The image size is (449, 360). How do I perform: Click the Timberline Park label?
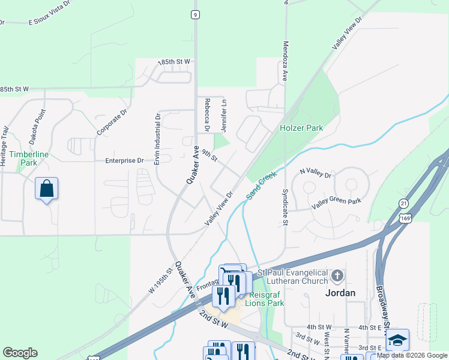point(29,158)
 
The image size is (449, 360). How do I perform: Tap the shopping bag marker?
point(47,190)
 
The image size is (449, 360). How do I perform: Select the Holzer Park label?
point(301,128)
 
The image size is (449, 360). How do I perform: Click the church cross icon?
point(337,276)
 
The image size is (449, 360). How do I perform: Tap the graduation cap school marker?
point(397,340)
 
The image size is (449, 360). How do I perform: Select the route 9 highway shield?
point(195,14)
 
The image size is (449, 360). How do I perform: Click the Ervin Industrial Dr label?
point(158,140)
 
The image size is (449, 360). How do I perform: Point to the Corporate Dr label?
point(112,122)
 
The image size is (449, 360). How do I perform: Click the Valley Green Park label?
point(336,202)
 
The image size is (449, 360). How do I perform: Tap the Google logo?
point(20,353)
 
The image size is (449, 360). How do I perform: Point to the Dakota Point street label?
point(37,127)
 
